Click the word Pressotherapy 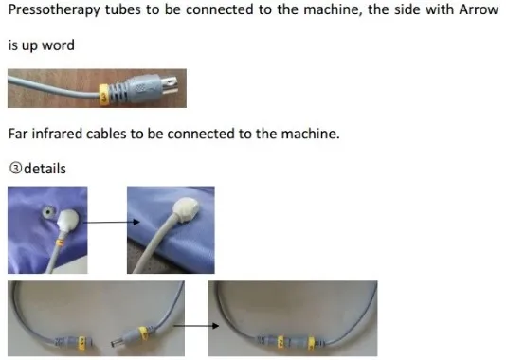coord(54,10)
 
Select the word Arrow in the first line coord(479,9)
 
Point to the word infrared coord(57,134)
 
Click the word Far coord(18,134)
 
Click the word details coord(45,169)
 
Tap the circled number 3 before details coord(15,169)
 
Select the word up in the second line coord(29,45)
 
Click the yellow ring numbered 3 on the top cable coord(104,95)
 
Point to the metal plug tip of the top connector coord(169,85)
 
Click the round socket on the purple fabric coord(48,212)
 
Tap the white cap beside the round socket coord(68,221)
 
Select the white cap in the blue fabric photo coord(187,209)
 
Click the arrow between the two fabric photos coord(112,222)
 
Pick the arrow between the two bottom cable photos coord(196,326)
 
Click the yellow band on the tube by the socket coord(59,243)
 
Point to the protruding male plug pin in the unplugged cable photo coord(116,343)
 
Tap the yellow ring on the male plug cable coord(142,333)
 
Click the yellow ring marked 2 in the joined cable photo coord(281,342)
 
